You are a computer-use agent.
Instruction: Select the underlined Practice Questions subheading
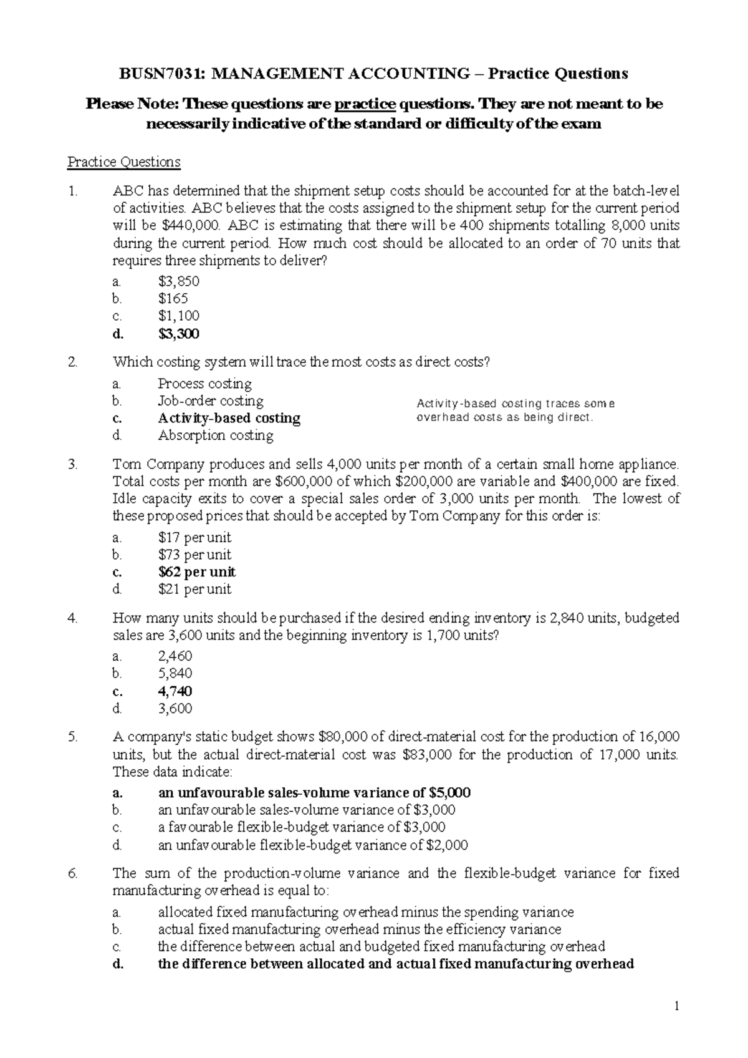[x=123, y=162]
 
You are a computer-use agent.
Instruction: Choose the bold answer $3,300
[x=179, y=334]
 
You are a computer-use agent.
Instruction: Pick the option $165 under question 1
[x=173, y=298]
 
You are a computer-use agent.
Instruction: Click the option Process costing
[x=204, y=384]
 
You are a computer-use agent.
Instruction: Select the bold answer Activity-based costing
[x=229, y=418]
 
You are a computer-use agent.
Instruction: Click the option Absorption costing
[x=215, y=435]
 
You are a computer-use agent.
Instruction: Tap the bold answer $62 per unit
[x=197, y=572]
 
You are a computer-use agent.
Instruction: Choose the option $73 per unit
[x=194, y=555]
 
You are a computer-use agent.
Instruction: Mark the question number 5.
[x=72, y=737]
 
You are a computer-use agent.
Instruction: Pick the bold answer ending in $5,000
[x=314, y=793]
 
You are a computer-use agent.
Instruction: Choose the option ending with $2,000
[x=312, y=845]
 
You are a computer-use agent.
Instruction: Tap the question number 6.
[x=72, y=873]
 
